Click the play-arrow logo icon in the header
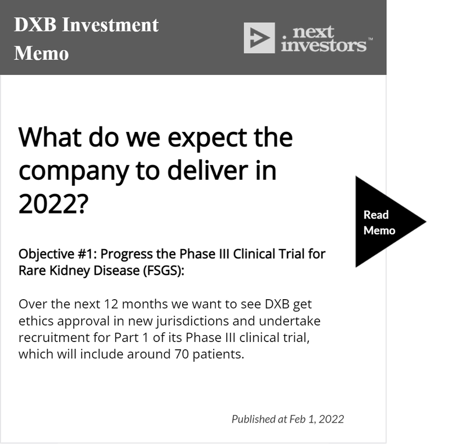(x=259, y=38)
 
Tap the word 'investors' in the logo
(x=324, y=46)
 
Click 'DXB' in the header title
(x=35, y=24)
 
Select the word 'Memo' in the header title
(x=41, y=54)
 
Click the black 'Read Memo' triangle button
(x=383, y=221)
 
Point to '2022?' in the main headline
(x=53, y=203)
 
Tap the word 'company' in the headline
(x=73, y=172)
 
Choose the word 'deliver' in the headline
(x=207, y=170)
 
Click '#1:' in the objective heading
(x=87, y=254)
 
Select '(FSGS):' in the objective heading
(x=163, y=270)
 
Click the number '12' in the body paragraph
(x=111, y=304)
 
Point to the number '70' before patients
(x=182, y=354)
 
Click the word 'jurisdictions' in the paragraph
(x=192, y=322)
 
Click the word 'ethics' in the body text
(x=36, y=321)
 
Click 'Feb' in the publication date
(x=297, y=419)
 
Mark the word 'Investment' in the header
(x=110, y=25)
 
